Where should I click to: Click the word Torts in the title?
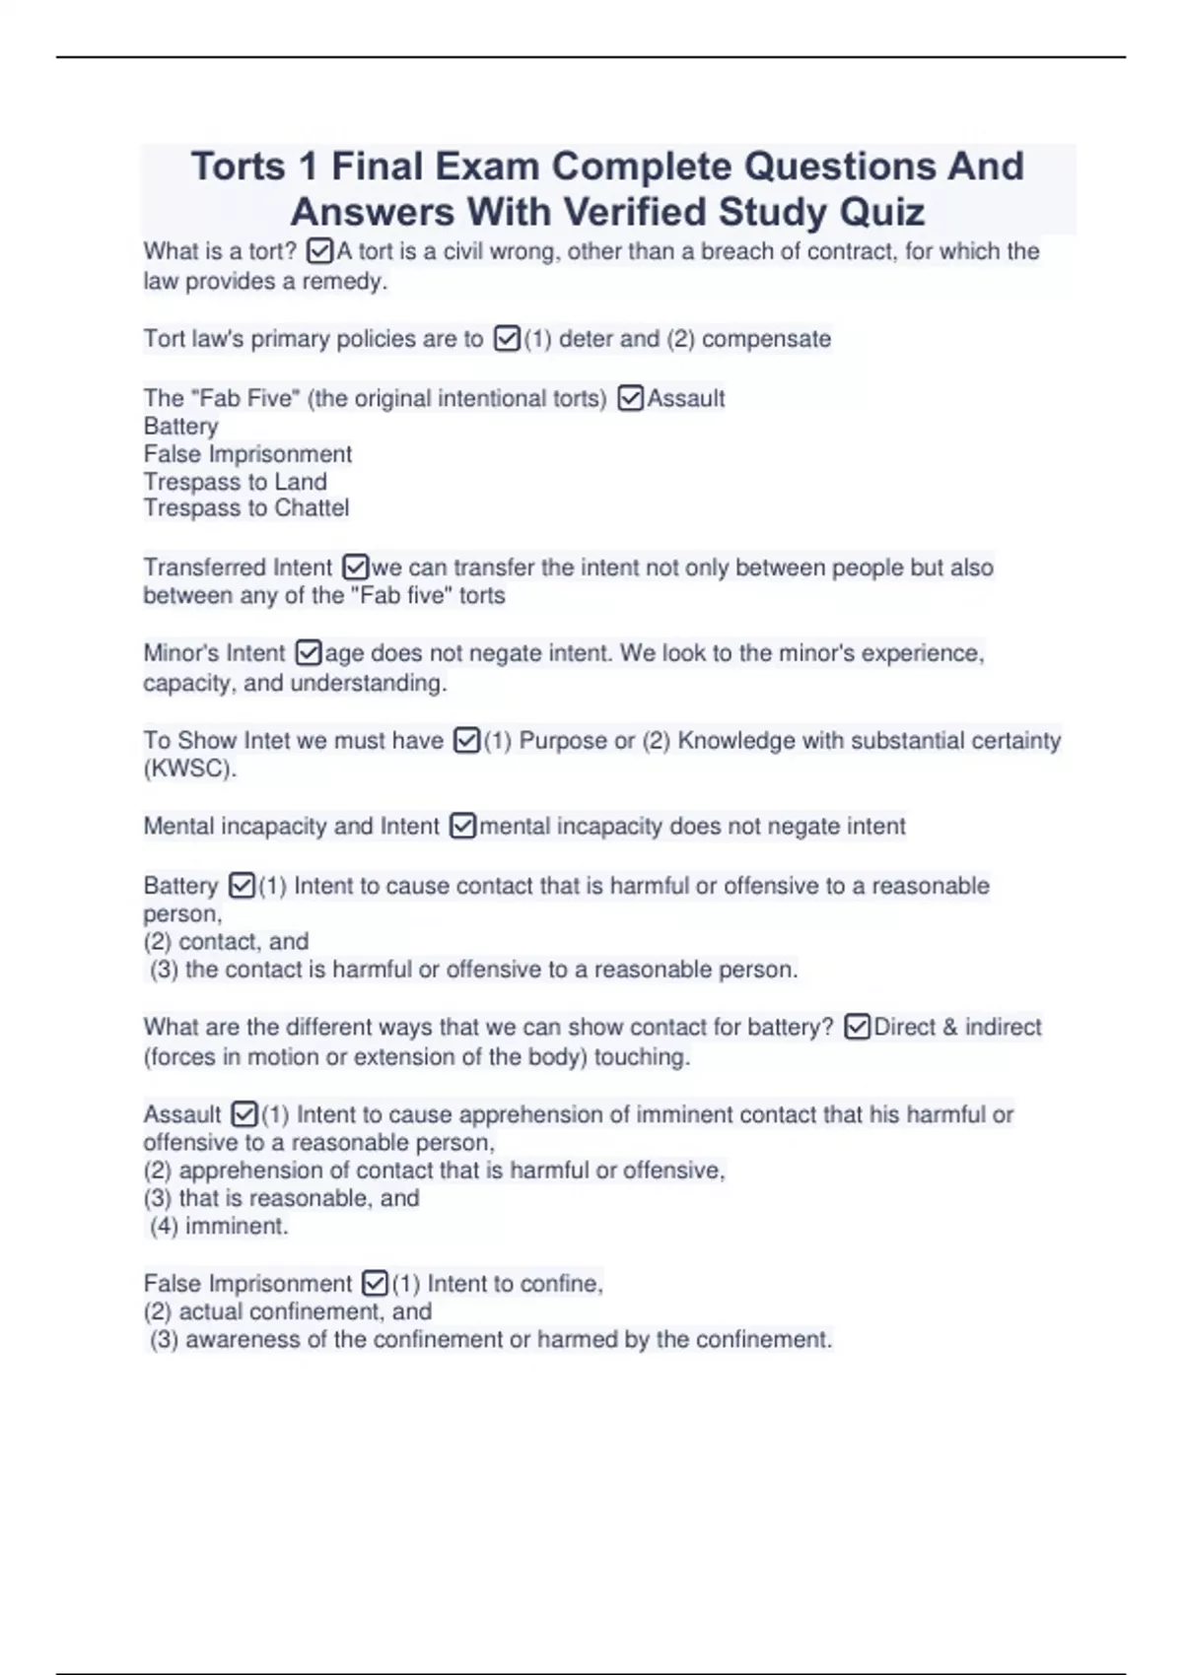tap(238, 167)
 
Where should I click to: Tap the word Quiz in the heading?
tap(881, 212)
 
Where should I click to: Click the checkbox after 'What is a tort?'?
tap(319, 251)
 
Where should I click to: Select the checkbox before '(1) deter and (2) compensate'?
tap(507, 339)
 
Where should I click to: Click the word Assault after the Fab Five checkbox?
tap(686, 398)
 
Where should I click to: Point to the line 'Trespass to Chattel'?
tap(246, 508)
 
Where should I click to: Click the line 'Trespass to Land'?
tap(235, 482)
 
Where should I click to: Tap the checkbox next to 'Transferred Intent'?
tap(355, 568)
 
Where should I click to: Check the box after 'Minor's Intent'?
tap(309, 652)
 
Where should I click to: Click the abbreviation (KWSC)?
tap(189, 769)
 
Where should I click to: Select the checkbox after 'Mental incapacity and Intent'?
tap(462, 826)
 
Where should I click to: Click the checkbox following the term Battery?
tap(242, 886)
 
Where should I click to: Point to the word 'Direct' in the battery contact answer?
tap(903, 1027)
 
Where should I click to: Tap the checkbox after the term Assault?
tap(244, 1114)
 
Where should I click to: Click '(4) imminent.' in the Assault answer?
tap(219, 1226)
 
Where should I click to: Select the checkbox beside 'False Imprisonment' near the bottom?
tap(375, 1283)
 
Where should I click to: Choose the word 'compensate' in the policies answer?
tap(766, 339)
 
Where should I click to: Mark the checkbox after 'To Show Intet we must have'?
tap(466, 740)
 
